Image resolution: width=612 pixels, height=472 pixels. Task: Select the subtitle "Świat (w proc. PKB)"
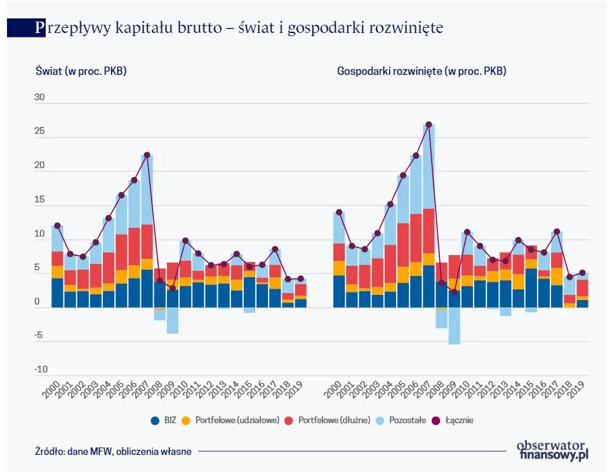[x=81, y=71]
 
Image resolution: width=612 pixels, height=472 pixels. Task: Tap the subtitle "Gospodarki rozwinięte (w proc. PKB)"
[x=421, y=71]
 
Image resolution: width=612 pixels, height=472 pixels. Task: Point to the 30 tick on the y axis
[x=39, y=98]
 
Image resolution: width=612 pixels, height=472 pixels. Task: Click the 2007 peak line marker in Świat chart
[x=147, y=155]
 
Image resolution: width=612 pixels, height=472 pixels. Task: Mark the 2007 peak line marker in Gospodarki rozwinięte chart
[x=429, y=124]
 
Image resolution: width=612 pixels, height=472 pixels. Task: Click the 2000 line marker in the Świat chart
[x=57, y=225]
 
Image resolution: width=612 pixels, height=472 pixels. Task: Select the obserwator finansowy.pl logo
[x=554, y=450]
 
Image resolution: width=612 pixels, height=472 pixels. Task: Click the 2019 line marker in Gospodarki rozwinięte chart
[x=582, y=273]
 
